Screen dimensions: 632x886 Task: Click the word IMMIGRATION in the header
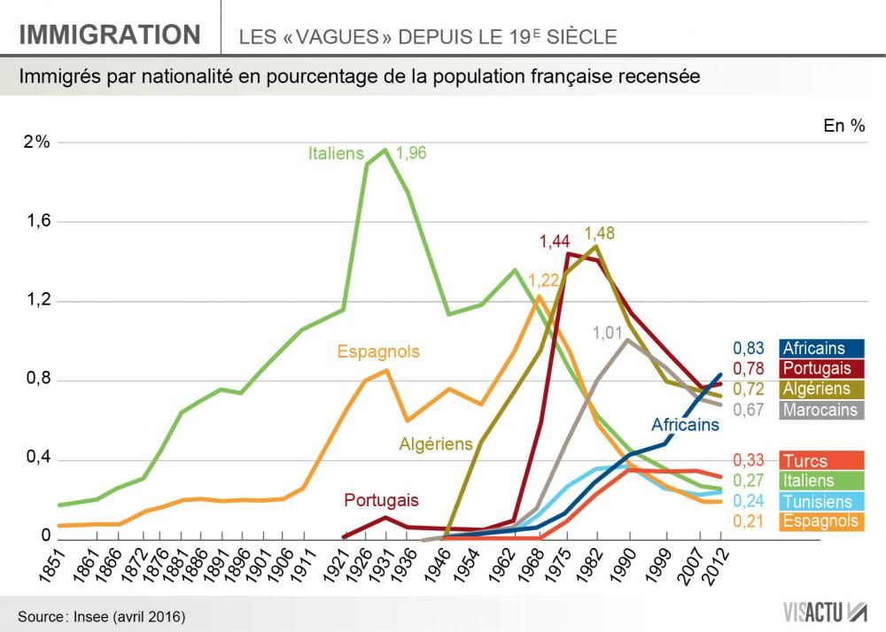coord(110,35)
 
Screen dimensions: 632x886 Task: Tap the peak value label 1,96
coord(411,153)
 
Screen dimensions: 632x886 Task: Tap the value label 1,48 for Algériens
coord(600,234)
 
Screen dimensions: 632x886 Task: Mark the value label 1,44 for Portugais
coord(556,241)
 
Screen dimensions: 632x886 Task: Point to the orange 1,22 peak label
coord(544,280)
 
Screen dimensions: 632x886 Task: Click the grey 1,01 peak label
coord(608,333)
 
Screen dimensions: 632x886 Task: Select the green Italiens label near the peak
coord(336,153)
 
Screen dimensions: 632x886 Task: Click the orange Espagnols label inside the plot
coord(378,351)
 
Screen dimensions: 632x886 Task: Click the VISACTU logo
coord(824,612)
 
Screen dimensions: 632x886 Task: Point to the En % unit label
coord(843,126)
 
